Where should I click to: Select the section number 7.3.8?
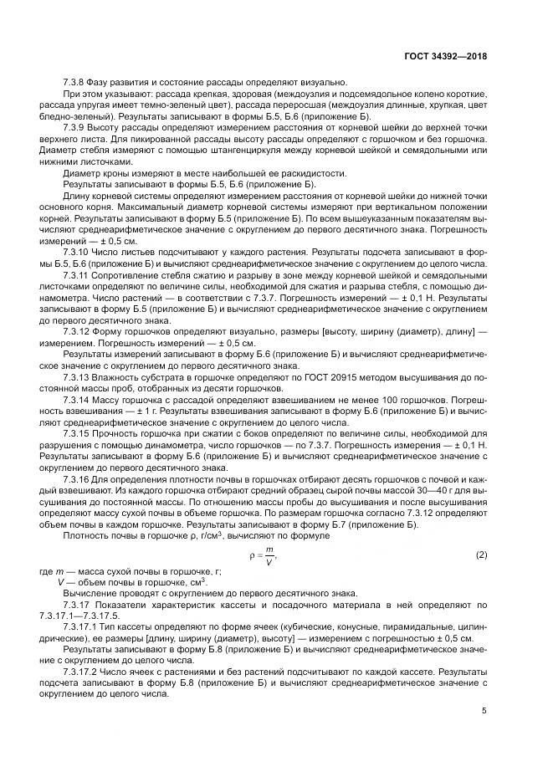(75, 83)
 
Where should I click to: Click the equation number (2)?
(481, 556)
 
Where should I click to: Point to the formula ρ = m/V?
(264, 555)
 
